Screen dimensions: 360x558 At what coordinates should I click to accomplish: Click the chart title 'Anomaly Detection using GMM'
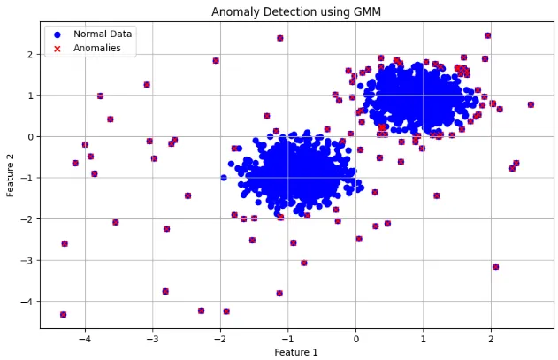point(296,11)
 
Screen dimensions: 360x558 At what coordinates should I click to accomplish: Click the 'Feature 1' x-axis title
point(296,351)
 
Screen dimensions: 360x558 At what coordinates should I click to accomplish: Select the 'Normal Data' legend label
point(103,34)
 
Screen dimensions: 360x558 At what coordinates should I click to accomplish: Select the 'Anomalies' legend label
point(97,48)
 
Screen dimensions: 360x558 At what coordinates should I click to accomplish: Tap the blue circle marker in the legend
point(57,34)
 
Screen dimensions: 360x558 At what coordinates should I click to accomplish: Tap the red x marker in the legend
point(57,48)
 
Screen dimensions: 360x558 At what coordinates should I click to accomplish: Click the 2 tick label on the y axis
point(31,54)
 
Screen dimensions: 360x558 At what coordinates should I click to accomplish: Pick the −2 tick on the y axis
point(29,219)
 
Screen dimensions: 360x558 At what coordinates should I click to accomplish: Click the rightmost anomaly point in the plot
point(531,104)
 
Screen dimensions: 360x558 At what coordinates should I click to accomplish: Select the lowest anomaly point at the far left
point(63,314)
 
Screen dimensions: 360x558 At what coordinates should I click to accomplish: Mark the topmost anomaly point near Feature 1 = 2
point(487,35)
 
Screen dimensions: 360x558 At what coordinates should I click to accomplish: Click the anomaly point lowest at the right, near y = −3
point(495,266)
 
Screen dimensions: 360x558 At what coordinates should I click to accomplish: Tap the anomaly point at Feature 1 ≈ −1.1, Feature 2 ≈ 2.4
point(280,38)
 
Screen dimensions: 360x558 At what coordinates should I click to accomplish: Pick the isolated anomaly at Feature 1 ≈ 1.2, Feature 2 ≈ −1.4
point(436,195)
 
